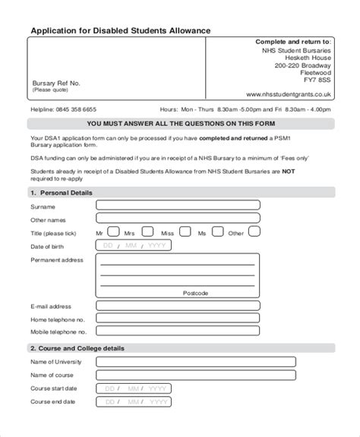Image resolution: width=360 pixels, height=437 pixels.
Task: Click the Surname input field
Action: [x=178, y=205]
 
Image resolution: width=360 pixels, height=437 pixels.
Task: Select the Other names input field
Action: [x=178, y=218]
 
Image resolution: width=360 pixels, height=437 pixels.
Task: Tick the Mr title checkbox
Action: [x=112, y=232]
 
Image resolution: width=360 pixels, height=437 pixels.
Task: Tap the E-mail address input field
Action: [x=178, y=306]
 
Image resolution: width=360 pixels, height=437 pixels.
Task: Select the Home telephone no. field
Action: [x=178, y=319]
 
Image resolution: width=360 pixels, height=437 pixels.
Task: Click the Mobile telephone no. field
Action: [x=178, y=332]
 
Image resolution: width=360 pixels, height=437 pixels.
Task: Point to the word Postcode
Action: [x=195, y=292]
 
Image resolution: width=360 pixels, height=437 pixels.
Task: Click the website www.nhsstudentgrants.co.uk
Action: [x=289, y=94]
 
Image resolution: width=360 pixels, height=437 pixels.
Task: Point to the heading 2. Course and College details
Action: [x=77, y=347]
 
